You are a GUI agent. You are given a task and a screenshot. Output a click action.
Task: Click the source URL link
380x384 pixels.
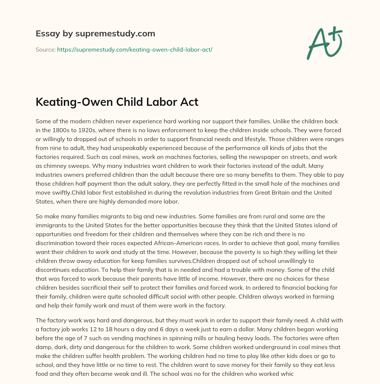point(134,49)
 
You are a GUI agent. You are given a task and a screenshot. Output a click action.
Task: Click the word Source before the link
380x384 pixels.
point(45,49)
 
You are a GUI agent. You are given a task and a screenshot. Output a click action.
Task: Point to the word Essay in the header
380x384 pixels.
point(47,34)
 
